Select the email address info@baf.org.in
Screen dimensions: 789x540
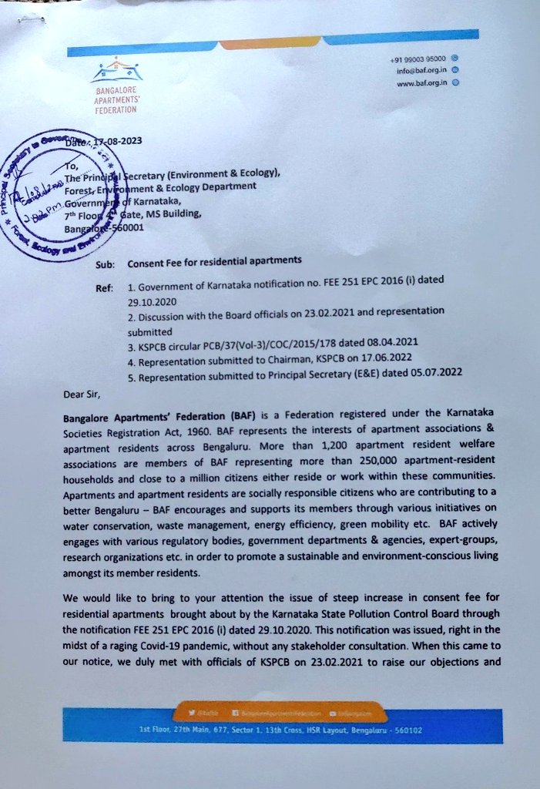pos(420,71)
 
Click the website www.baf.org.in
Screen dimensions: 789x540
pos(421,83)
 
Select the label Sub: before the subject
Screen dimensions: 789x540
pos(105,264)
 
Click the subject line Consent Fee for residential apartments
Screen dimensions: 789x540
pos(214,261)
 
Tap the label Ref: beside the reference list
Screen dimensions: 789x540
pos(104,288)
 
